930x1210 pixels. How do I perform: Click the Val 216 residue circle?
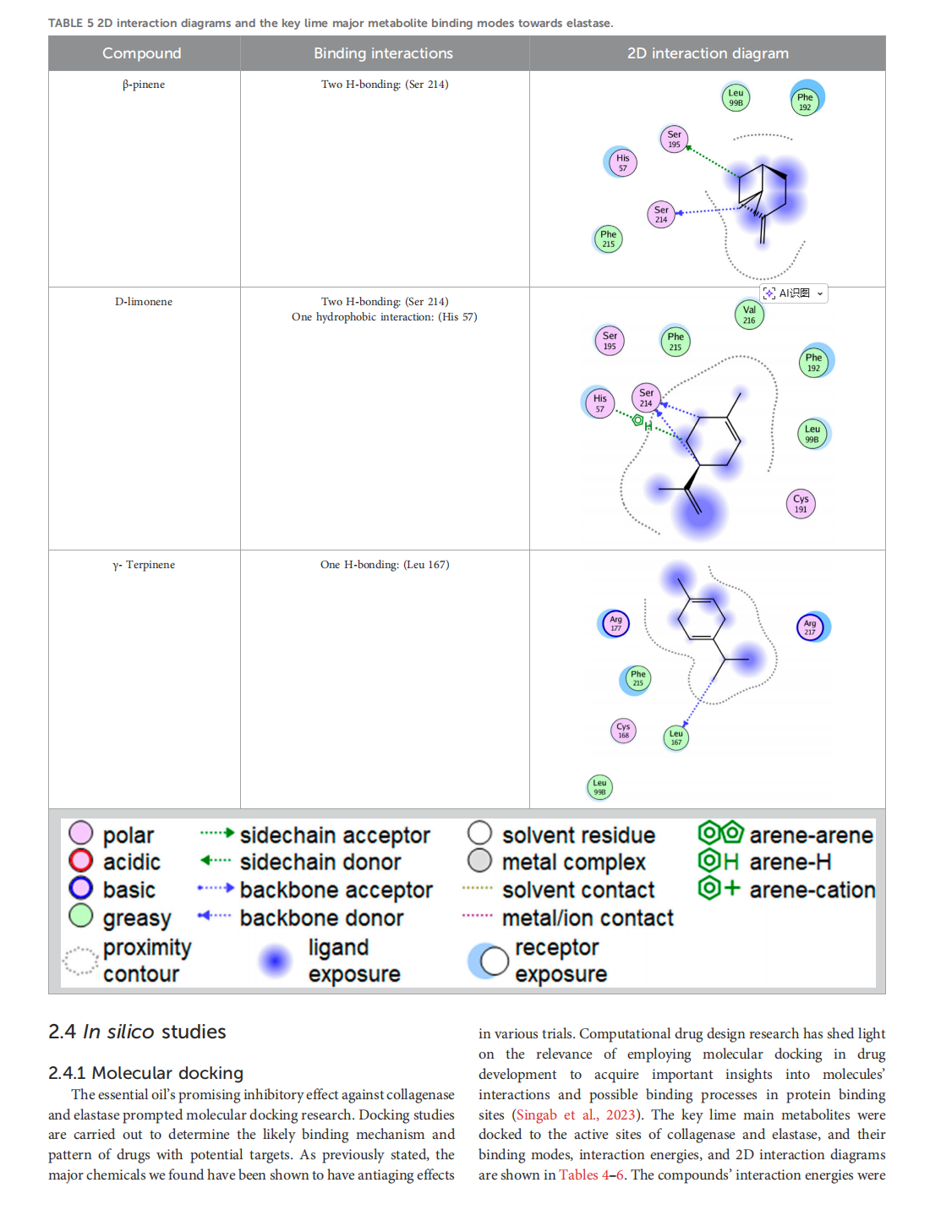point(749,315)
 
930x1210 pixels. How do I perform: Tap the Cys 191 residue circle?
point(801,503)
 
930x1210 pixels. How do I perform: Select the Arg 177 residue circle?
point(615,624)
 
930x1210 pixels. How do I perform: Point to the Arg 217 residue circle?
point(810,627)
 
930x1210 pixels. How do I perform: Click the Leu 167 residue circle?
point(676,738)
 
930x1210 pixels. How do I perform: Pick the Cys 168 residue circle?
point(623,731)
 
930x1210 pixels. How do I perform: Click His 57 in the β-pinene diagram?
point(622,162)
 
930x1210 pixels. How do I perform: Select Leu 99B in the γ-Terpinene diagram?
point(599,787)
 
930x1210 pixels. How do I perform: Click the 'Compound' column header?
point(142,53)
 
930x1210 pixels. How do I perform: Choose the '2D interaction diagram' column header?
point(708,53)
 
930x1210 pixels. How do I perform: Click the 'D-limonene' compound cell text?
point(144,302)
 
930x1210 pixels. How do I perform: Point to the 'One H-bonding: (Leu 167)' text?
point(385,565)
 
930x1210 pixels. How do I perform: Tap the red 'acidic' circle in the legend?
point(81,861)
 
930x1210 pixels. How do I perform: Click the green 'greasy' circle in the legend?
point(81,916)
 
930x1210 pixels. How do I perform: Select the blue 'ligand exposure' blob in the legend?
point(275,961)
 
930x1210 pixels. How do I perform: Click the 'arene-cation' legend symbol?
point(719,889)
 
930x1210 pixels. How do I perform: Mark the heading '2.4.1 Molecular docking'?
point(145,1073)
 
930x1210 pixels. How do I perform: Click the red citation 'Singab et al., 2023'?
point(575,1114)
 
